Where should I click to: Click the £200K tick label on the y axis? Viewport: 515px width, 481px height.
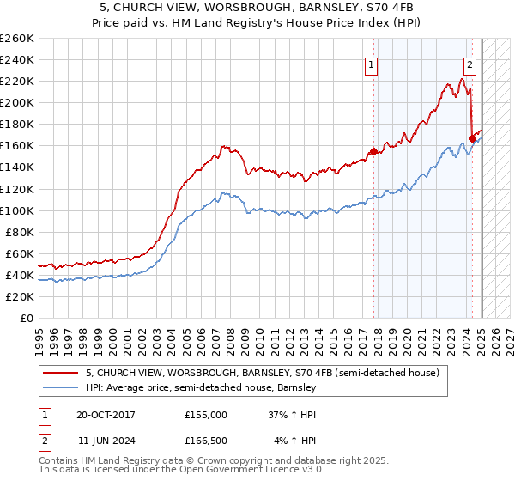click(x=17, y=102)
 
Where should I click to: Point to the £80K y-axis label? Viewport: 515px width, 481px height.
click(x=20, y=232)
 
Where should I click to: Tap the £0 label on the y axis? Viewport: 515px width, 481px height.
click(x=27, y=318)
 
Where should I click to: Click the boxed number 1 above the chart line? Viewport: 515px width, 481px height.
click(x=372, y=63)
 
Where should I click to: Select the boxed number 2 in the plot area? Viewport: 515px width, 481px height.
click(x=470, y=63)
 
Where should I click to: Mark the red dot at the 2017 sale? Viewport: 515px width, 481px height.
click(x=373, y=151)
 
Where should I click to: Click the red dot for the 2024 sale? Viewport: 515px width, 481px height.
click(x=472, y=138)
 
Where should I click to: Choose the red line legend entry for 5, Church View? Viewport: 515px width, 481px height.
click(x=263, y=373)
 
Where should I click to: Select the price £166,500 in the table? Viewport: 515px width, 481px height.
click(x=206, y=441)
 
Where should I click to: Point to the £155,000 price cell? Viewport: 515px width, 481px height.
click(x=206, y=414)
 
